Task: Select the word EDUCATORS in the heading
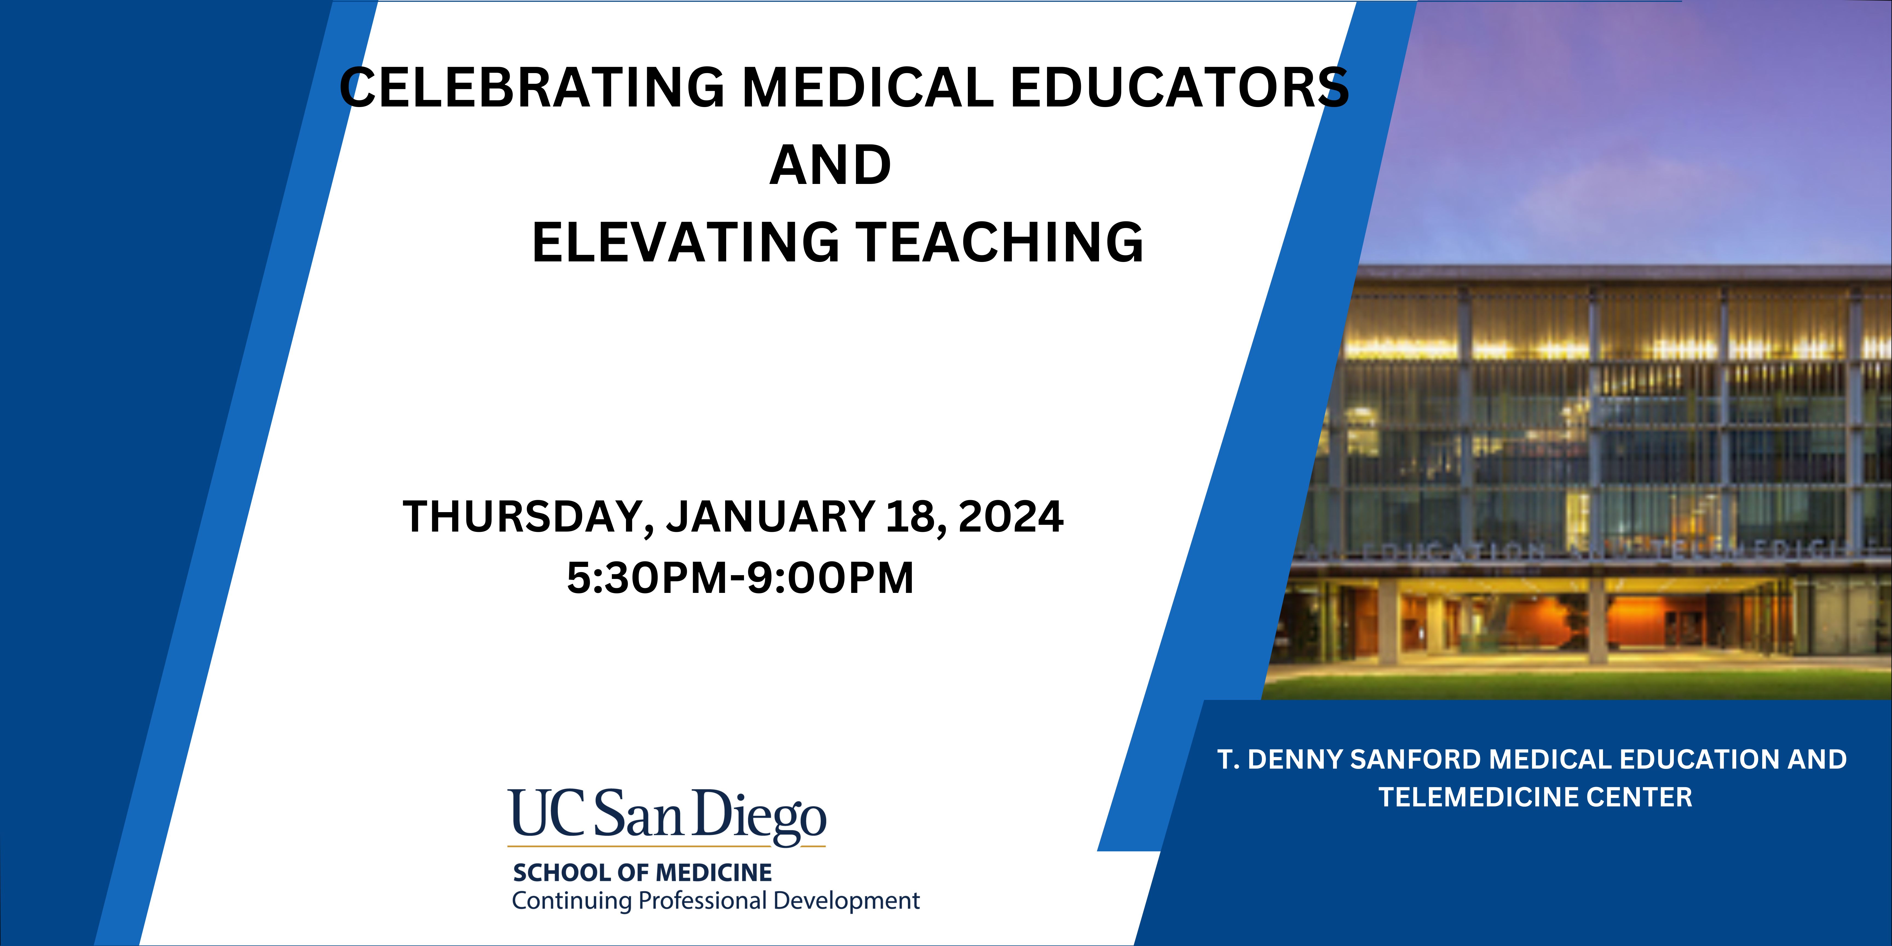click(x=1179, y=87)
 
